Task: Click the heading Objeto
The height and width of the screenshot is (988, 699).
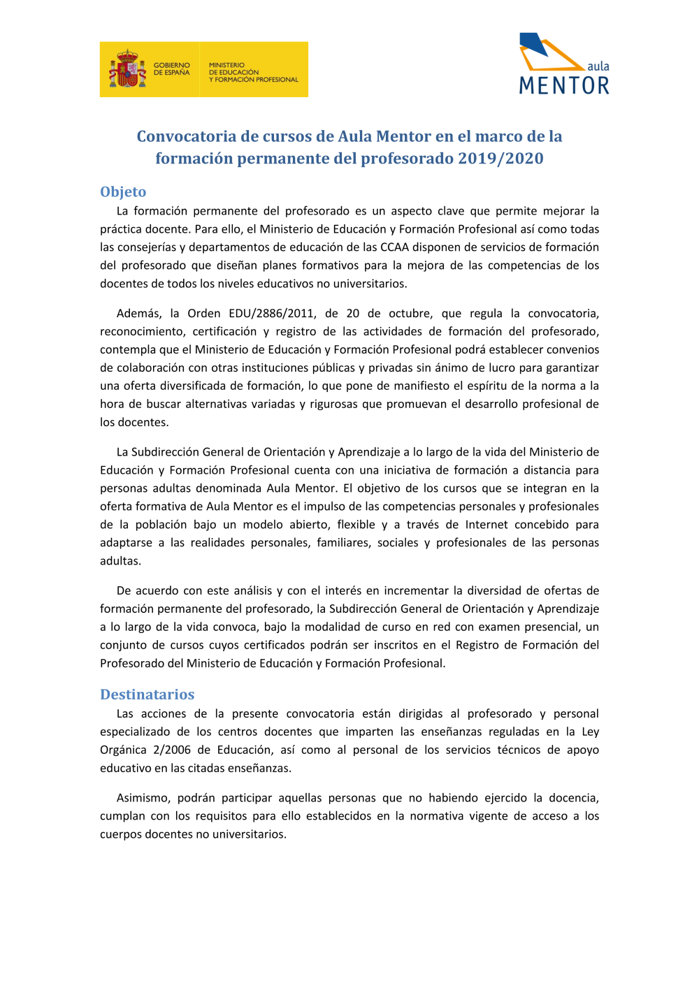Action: click(123, 192)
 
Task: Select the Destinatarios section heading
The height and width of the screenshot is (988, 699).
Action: click(147, 695)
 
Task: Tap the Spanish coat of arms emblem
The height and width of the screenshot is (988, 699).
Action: click(127, 69)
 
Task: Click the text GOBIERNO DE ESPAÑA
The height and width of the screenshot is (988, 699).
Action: click(171, 69)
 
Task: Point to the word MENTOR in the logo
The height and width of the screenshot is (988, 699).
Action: click(564, 86)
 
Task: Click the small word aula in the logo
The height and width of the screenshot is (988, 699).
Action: click(598, 66)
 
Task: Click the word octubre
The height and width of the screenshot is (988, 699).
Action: click(410, 314)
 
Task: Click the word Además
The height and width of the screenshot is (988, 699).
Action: click(138, 314)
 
